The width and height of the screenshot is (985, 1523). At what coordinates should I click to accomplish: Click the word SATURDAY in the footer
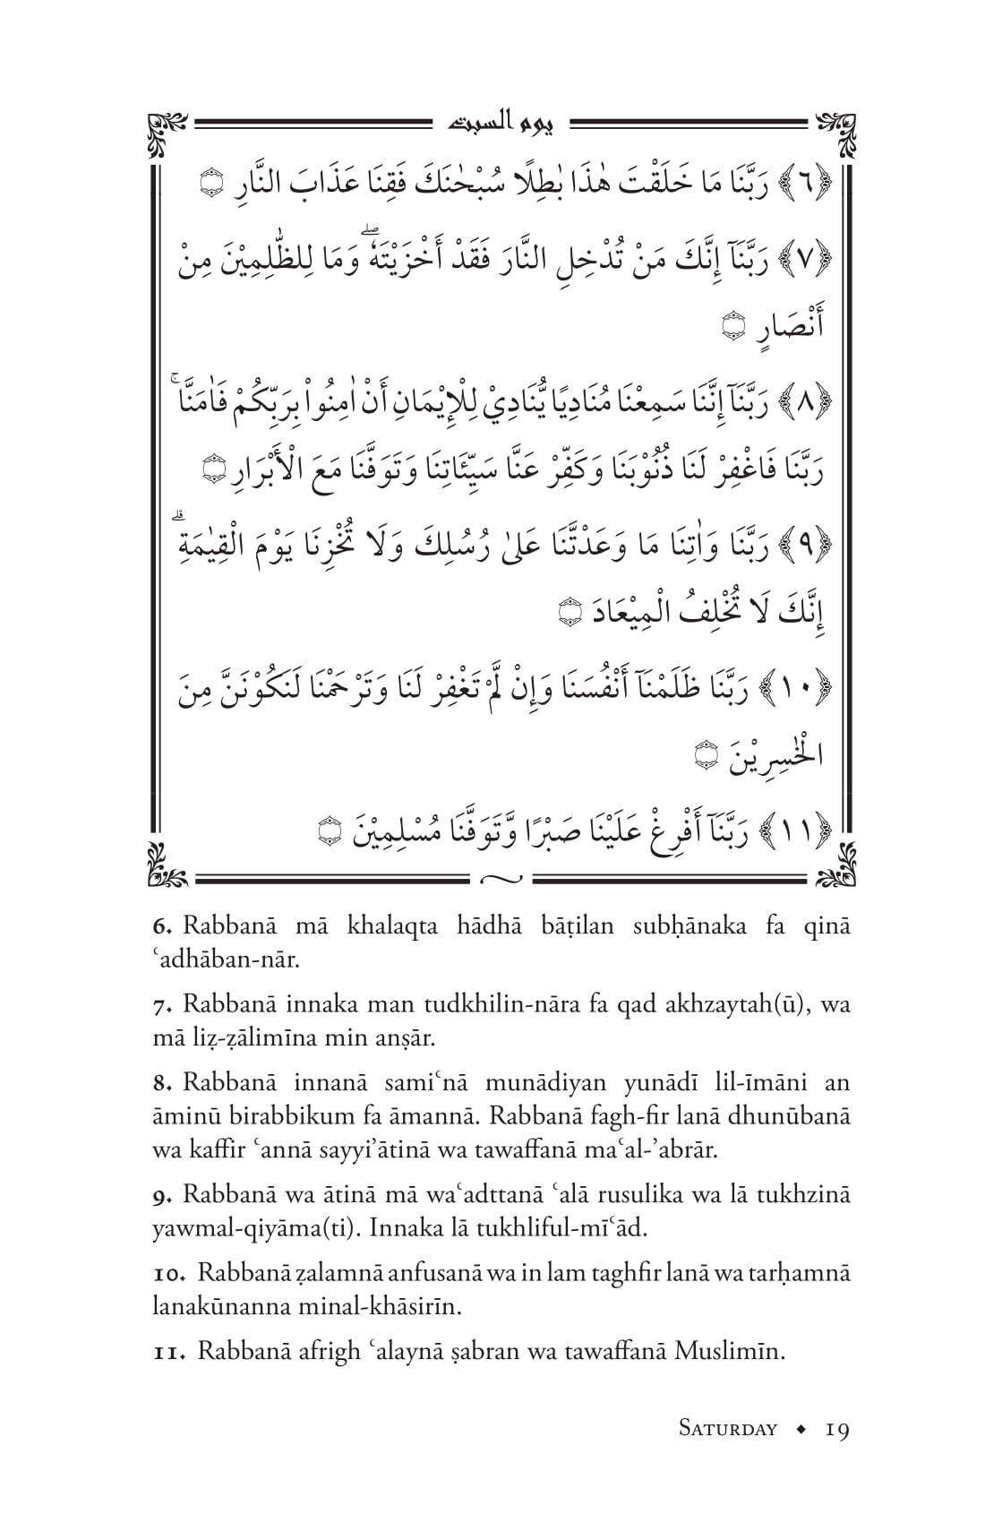click(727, 1429)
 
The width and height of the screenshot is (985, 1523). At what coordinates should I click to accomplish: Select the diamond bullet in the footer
click(801, 1429)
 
